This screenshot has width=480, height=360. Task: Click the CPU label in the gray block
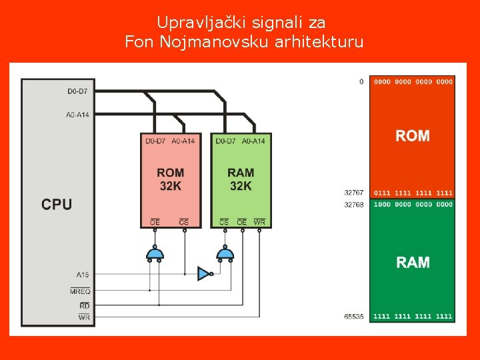point(57,204)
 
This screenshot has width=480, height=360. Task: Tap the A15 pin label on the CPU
point(83,274)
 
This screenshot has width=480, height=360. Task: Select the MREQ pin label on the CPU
point(80,291)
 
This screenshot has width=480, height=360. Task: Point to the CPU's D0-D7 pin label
point(78,91)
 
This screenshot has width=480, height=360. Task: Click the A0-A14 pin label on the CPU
point(77,115)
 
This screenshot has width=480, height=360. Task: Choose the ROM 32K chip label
point(171,179)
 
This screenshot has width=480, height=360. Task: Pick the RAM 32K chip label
point(241,179)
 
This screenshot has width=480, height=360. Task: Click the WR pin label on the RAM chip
point(259,222)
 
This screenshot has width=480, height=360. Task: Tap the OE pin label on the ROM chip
point(155,222)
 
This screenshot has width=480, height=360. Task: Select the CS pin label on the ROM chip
point(184,222)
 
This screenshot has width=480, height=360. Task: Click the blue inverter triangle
point(204,273)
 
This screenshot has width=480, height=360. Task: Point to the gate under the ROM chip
point(155,253)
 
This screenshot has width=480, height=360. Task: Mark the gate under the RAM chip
point(225,253)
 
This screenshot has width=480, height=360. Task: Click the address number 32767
point(354,193)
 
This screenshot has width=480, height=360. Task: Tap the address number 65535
point(354,317)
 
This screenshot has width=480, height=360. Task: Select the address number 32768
point(354,205)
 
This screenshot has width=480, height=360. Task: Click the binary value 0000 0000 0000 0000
point(413,82)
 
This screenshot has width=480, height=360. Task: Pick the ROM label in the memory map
point(413,136)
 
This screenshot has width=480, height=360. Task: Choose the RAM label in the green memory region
point(413,262)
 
